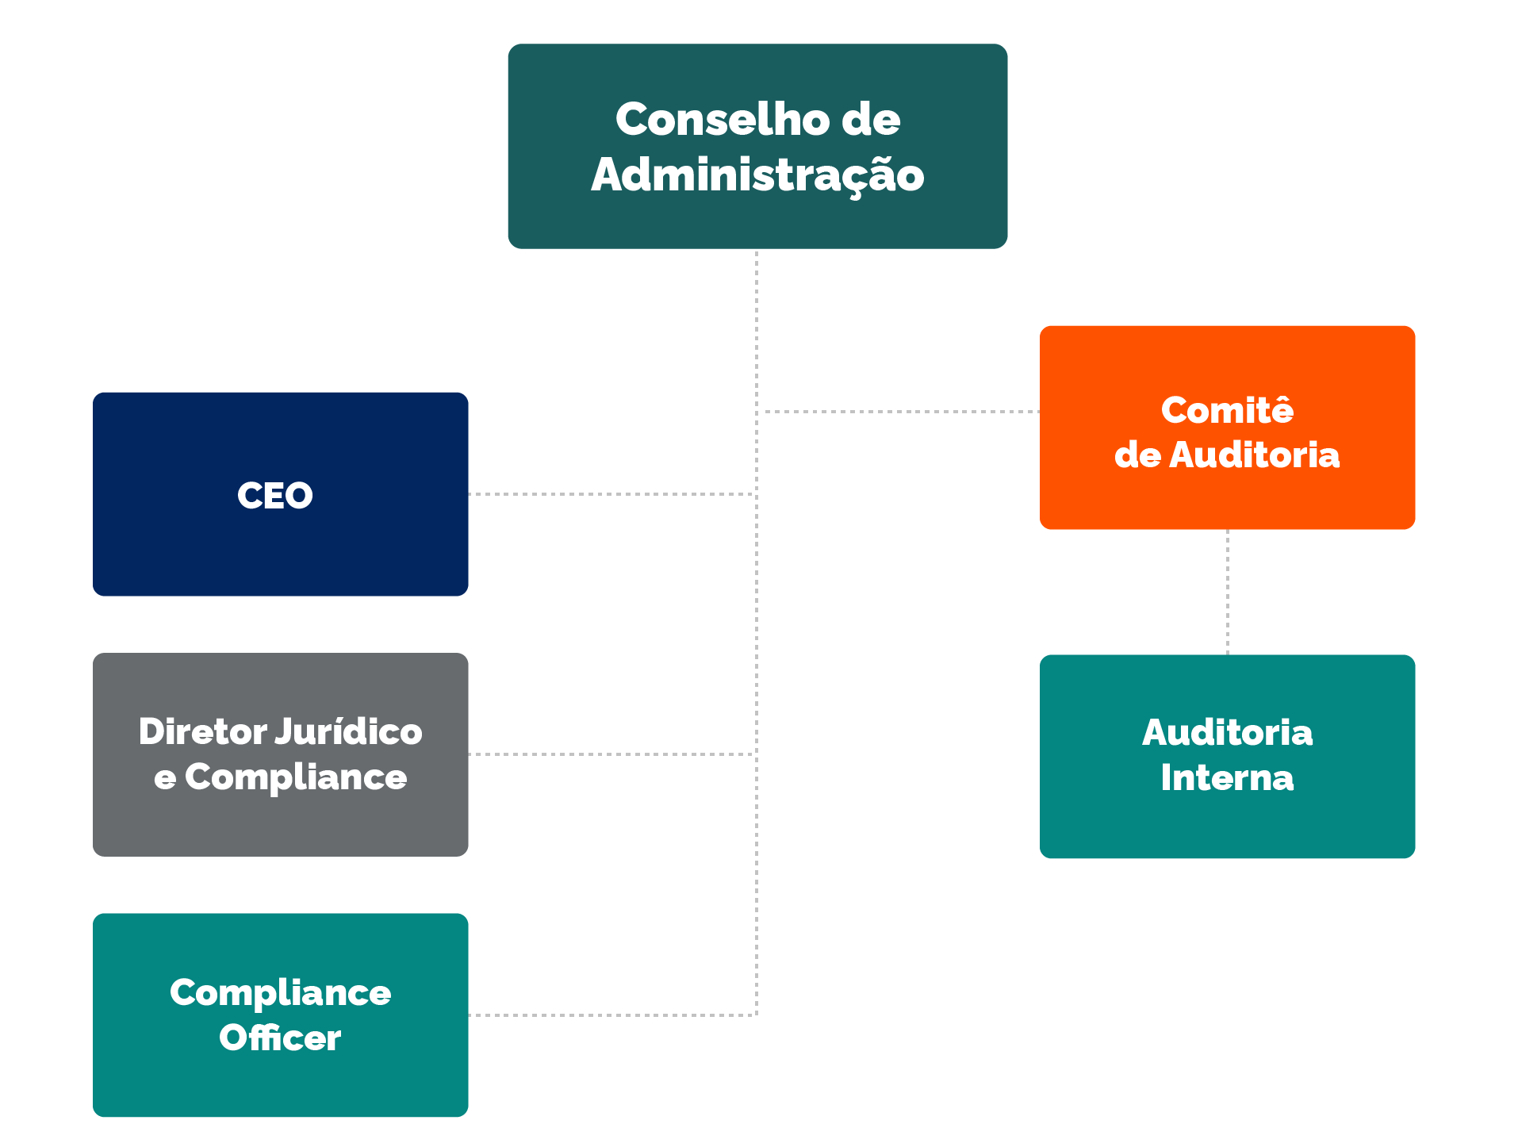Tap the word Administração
click(757, 175)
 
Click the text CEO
click(275, 496)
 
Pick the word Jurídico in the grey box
click(348, 731)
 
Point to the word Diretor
click(203, 731)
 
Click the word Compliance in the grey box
click(296, 777)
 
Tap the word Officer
click(280, 1038)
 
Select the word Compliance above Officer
click(280, 993)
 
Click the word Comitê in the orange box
click(1227, 410)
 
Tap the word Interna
click(1227, 778)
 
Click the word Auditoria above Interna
click(1227, 732)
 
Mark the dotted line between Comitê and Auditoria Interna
click(1228, 592)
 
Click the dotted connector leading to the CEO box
click(611, 494)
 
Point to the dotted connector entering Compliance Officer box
click(611, 1015)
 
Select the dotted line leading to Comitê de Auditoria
click(900, 412)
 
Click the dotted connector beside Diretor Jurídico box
click(611, 754)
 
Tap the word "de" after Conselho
click(870, 120)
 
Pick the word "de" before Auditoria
click(1137, 455)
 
